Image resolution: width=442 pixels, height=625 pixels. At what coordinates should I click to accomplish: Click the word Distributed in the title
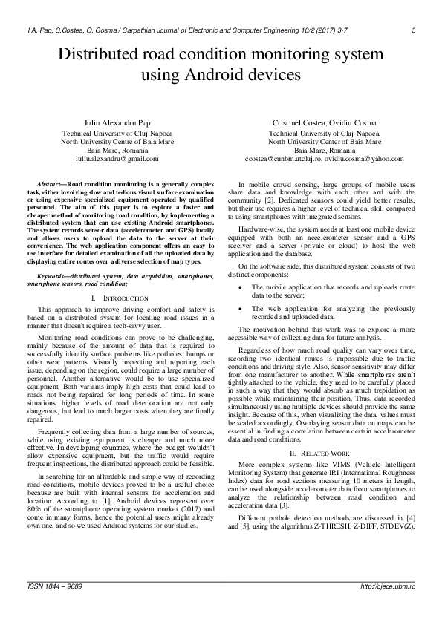point(111,55)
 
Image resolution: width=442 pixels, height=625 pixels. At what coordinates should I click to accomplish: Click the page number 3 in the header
point(413,30)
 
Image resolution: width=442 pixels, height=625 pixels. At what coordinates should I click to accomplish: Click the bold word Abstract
point(51,183)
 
